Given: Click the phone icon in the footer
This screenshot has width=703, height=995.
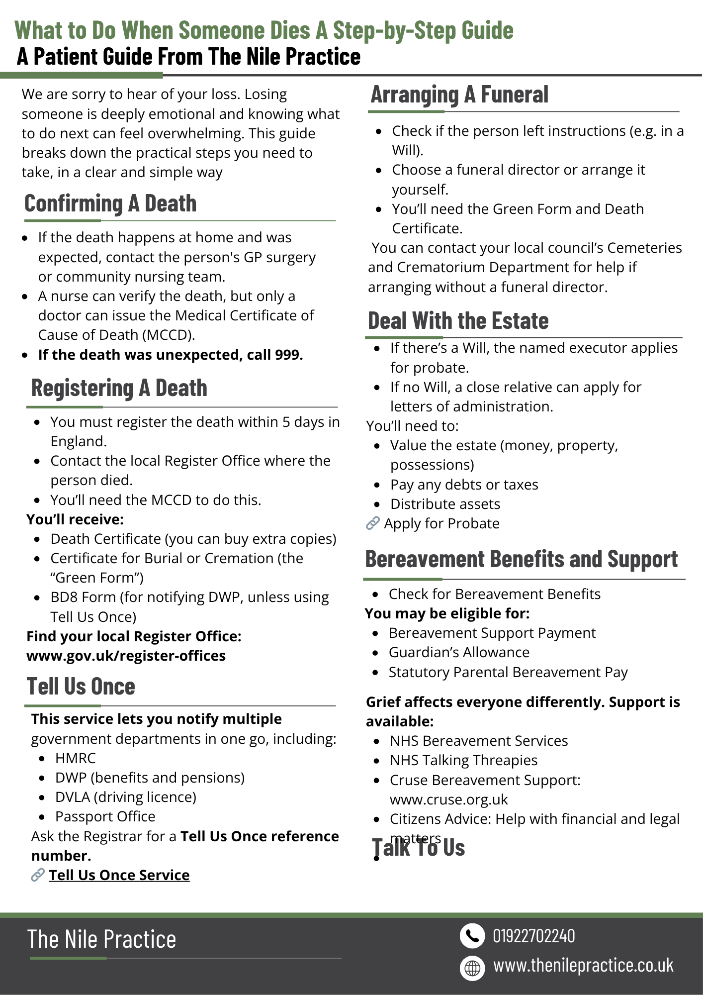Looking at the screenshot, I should pyautogui.click(x=472, y=936).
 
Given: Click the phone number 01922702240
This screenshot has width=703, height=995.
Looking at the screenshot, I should pyautogui.click(x=533, y=936).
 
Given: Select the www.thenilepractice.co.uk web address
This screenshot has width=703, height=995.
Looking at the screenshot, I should pyautogui.click(x=583, y=966).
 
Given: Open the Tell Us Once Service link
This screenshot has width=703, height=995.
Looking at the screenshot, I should pyautogui.click(x=119, y=875).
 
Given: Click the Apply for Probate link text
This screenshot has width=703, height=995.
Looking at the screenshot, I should pyautogui.click(x=441, y=523).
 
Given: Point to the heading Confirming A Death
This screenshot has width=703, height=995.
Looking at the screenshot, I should pyautogui.click(x=110, y=203).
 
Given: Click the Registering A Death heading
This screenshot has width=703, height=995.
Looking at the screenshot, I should pyautogui.click(x=119, y=388).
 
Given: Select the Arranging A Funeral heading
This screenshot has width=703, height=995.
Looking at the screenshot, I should pyautogui.click(x=459, y=95).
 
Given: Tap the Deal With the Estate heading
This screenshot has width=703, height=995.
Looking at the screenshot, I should pyautogui.click(x=458, y=321).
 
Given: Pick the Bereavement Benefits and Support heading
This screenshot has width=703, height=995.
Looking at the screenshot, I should pyautogui.click(x=521, y=559).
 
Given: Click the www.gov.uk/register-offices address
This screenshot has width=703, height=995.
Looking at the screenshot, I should pyautogui.click(x=126, y=656).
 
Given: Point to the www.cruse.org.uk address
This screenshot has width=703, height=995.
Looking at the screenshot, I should pyautogui.click(x=448, y=799).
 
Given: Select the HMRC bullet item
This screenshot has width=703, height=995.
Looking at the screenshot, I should pyautogui.click(x=75, y=758).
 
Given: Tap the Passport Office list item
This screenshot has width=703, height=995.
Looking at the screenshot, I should pyautogui.click(x=105, y=816).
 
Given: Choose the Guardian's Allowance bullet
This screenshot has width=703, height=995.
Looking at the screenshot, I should pyautogui.click(x=459, y=652).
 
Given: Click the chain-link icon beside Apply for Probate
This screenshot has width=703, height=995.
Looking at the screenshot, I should pyautogui.click(x=372, y=523).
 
